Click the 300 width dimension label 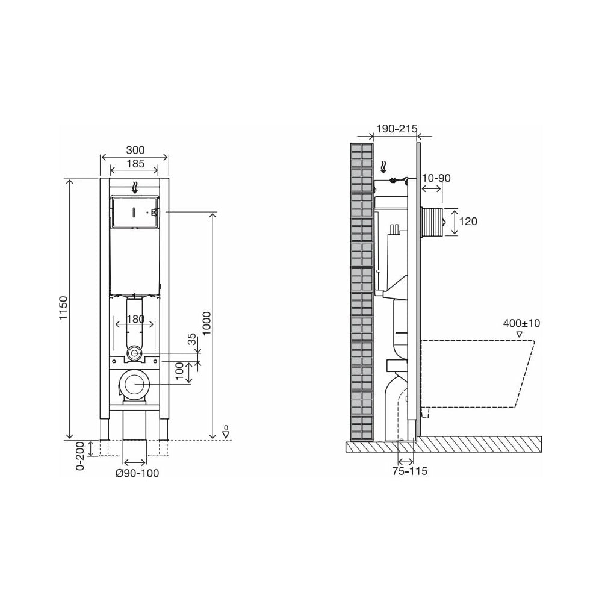coord(135,150)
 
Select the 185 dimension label coord(135,164)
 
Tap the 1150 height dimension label coord(63,308)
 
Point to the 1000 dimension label coord(206,323)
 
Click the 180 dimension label coord(135,318)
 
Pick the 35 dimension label coord(192,340)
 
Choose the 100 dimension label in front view coord(179,371)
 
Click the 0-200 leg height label coord(80,456)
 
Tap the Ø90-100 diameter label coord(137,473)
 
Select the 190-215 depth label coord(396,129)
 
